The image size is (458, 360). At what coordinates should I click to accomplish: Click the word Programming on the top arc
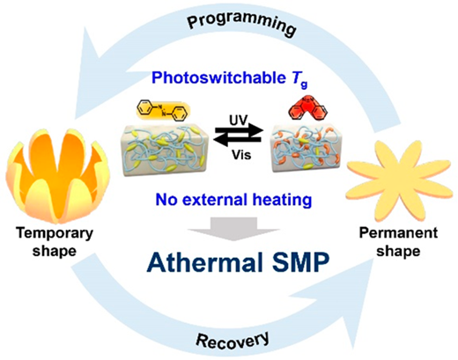coord(241,23)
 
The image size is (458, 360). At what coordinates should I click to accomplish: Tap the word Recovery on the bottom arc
coord(233,341)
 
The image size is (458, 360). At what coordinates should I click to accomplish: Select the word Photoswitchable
coord(218,77)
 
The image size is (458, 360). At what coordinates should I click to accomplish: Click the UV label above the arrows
coord(239,121)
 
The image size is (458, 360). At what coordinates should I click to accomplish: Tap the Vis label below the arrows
coord(241,155)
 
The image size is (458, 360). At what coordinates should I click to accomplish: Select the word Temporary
coord(55,233)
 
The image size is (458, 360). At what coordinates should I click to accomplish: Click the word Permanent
coord(398,233)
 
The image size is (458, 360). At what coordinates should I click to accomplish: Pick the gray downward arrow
coord(233,229)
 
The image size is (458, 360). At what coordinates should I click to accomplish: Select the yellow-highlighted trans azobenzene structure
coord(163,110)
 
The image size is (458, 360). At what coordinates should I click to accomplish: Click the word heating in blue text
coord(282,200)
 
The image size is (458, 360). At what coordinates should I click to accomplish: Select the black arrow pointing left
coord(237,141)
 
